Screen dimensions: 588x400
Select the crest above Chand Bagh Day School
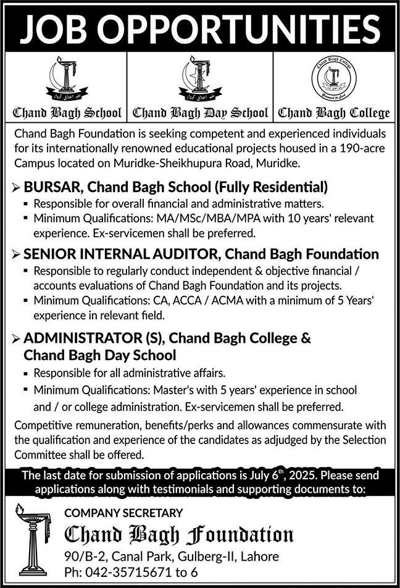[200, 80]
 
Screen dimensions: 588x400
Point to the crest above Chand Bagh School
[67, 80]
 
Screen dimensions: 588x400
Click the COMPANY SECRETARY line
[123, 513]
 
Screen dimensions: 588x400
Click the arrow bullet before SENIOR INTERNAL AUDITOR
[16, 254]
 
